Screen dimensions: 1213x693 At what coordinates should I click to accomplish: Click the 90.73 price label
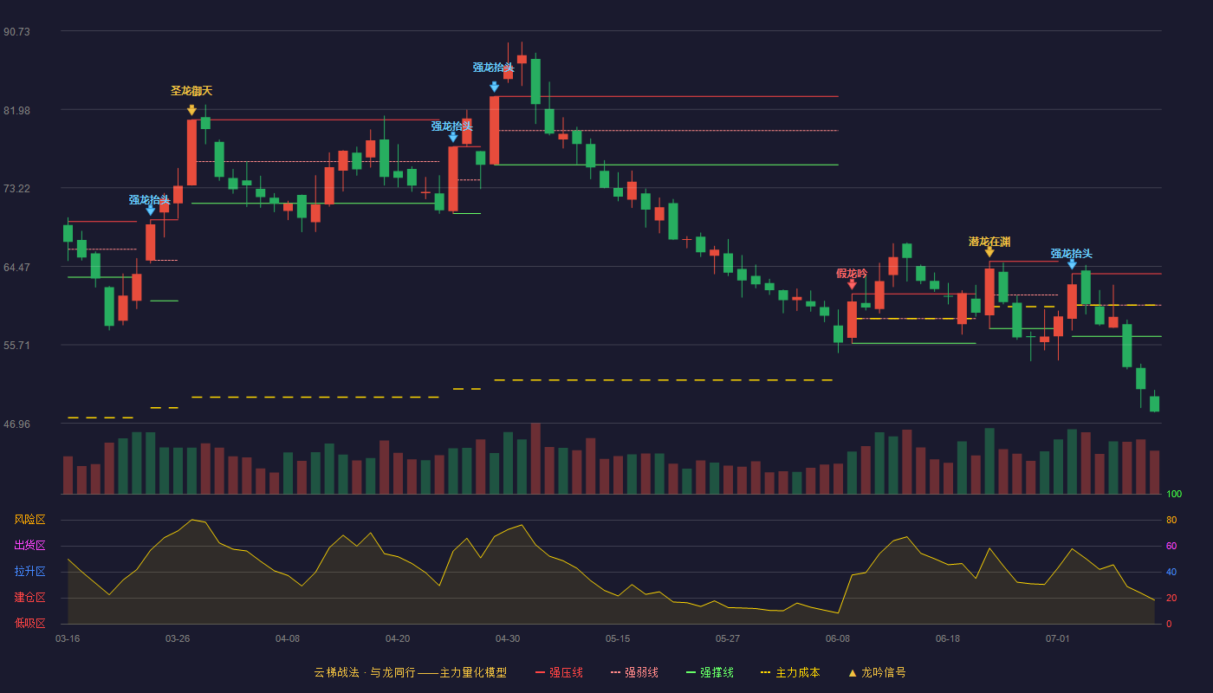(16, 31)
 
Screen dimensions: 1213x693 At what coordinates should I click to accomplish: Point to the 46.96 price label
(16, 424)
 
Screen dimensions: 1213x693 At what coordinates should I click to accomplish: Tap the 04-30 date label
(508, 639)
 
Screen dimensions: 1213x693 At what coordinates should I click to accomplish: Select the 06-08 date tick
(838, 639)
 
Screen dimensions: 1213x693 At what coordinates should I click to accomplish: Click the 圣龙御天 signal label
(191, 90)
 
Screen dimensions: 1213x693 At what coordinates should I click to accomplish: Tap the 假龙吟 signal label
(851, 273)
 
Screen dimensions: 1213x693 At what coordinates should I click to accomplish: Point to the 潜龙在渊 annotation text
(989, 242)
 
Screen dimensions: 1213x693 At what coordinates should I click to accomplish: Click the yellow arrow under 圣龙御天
(191, 110)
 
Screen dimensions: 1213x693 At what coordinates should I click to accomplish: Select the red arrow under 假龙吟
(852, 285)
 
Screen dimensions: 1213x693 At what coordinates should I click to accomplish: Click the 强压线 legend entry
(559, 672)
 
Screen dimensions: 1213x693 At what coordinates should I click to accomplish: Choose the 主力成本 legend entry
(790, 672)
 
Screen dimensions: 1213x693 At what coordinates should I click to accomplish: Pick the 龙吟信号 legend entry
(877, 672)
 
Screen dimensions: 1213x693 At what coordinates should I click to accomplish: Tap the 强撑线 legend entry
(710, 672)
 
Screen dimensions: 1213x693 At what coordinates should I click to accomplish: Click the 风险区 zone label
(29, 519)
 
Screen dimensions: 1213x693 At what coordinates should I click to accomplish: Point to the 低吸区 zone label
(29, 623)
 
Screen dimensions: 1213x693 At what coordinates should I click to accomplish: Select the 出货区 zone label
(29, 545)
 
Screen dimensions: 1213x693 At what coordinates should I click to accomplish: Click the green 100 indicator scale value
(1174, 494)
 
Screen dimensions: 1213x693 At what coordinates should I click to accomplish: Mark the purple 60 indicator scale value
(1171, 546)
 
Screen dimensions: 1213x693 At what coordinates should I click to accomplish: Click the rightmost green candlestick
(1154, 404)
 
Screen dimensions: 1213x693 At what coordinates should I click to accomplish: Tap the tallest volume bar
(535, 458)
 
